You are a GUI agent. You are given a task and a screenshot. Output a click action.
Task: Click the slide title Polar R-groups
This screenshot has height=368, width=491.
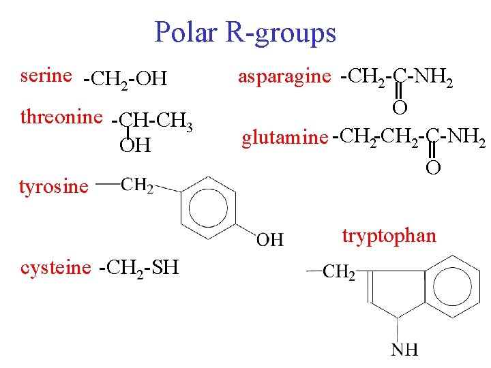coord(245,32)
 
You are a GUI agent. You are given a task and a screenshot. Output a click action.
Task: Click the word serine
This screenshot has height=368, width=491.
coord(46,75)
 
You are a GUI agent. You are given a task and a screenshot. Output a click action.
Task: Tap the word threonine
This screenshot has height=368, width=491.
coord(61,117)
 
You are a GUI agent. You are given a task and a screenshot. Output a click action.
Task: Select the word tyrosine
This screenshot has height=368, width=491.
coord(53,186)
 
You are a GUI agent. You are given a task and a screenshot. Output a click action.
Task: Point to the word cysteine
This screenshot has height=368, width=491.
coord(55,268)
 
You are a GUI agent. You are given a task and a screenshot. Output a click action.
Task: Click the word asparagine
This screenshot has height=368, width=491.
coord(283,76)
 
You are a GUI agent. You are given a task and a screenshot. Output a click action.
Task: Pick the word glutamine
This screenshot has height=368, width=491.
coord(284,138)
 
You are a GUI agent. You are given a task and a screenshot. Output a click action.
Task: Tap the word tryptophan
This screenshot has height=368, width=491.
coord(389,236)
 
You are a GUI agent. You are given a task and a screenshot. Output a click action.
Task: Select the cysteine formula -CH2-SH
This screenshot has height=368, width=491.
coord(138,268)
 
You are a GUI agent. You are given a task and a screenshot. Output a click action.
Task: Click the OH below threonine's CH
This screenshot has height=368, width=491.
coord(135,145)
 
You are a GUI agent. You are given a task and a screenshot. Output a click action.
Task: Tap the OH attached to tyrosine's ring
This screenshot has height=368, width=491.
coord(270,239)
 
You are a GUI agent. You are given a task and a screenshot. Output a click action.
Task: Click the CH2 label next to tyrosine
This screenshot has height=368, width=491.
coord(138,185)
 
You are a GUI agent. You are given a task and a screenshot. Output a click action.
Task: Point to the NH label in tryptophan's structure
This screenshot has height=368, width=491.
coord(404,350)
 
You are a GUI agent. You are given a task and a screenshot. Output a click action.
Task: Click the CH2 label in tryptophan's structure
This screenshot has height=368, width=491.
coord(338,273)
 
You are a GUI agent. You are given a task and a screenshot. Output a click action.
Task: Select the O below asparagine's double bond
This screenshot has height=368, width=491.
coord(400,106)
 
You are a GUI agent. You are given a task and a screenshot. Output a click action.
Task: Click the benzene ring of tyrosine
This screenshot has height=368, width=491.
coord(210,204)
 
